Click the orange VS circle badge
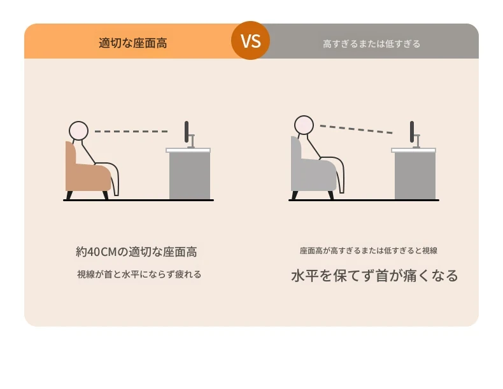point(250,40)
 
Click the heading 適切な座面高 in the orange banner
point(133,43)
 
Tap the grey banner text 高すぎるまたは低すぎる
point(371,44)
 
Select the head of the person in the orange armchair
point(78,131)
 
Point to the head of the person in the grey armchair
point(304,125)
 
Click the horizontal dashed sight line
point(131,131)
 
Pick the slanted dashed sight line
point(356,129)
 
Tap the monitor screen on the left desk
point(187,132)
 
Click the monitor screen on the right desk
point(412,132)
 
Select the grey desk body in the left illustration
point(190,176)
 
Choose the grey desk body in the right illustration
point(415,176)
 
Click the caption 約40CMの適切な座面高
point(136,251)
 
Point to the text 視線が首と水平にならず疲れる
point(139,274)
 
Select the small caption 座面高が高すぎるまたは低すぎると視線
point(369,250)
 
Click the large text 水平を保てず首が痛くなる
point(374,276)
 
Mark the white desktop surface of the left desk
point(188,150)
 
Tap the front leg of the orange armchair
point(105,195)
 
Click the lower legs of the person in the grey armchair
point(340,175)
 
